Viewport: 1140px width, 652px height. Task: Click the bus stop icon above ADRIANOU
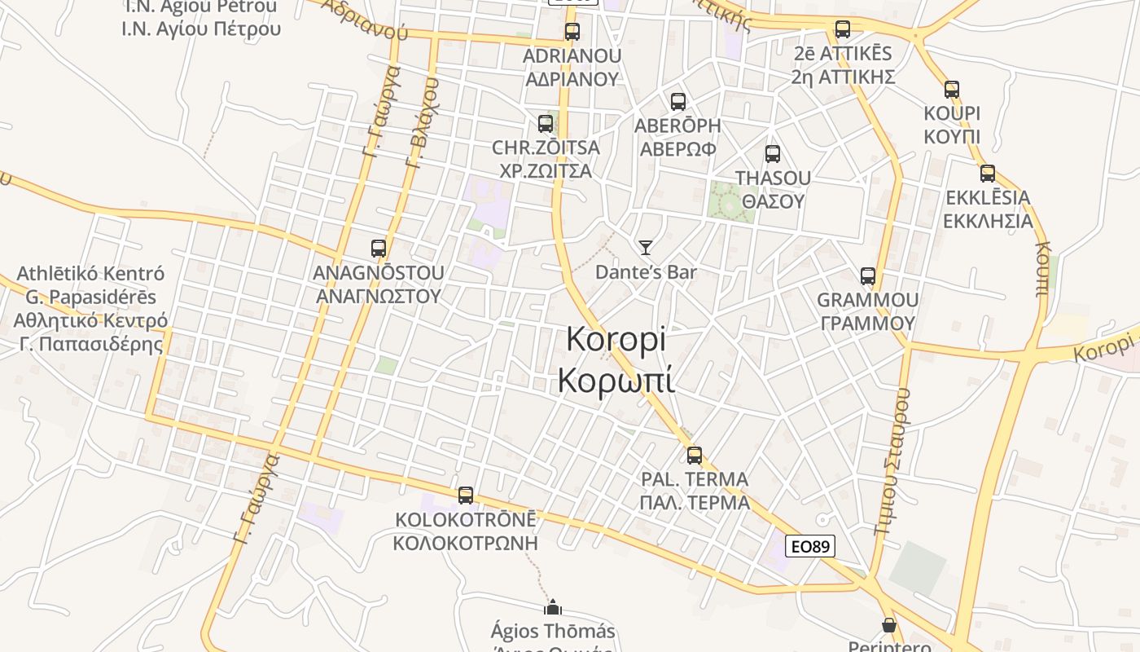tap(572, 32)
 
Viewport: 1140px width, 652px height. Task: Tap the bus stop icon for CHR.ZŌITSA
tap(546, 124)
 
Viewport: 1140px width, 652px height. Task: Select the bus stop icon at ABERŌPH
tap(677, 102)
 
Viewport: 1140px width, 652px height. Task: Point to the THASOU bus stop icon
tap(773, 153)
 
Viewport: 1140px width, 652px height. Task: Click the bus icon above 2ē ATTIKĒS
tap(843, 29)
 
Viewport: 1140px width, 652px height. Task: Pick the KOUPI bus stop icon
tap(952, 90)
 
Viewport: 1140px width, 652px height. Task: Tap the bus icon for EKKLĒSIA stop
tap(988, 173)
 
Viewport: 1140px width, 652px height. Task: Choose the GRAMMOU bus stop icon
tap(868, 276)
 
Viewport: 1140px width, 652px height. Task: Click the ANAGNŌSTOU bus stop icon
tap(379, 249)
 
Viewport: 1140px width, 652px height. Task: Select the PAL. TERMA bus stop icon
tap(695, 455)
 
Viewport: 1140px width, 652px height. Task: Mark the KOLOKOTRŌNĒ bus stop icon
tap(466, 495)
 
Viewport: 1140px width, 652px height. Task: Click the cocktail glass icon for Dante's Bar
tap(646, 247)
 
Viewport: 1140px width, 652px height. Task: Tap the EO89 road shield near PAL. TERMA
tap(809, 545)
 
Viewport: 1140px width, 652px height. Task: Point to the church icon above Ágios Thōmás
tap(553, 607)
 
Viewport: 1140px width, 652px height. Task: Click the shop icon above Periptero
tap(889, 625)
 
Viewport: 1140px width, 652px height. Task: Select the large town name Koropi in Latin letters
tap(616, 339)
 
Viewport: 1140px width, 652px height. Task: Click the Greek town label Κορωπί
tap(616, 381)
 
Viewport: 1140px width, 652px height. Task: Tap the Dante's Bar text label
tap(646, 272)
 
